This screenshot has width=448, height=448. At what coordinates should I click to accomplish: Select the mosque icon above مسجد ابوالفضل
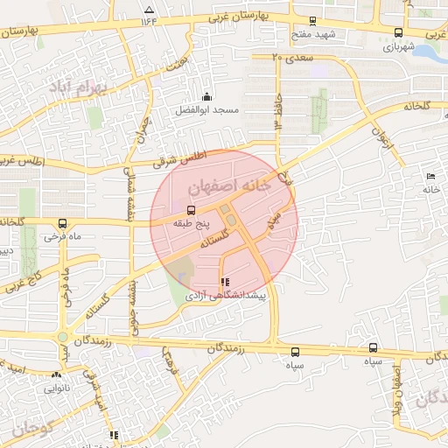pos(206,96)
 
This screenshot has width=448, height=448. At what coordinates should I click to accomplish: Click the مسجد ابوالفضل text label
pos(206,110)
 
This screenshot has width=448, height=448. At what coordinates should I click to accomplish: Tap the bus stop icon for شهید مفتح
pos(311,23)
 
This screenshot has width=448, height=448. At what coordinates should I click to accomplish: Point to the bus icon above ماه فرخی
pos(61,223)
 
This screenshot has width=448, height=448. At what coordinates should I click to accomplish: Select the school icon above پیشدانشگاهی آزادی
pos(226,283)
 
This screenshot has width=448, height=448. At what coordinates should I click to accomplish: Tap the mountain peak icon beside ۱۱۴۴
pos(146,10)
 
